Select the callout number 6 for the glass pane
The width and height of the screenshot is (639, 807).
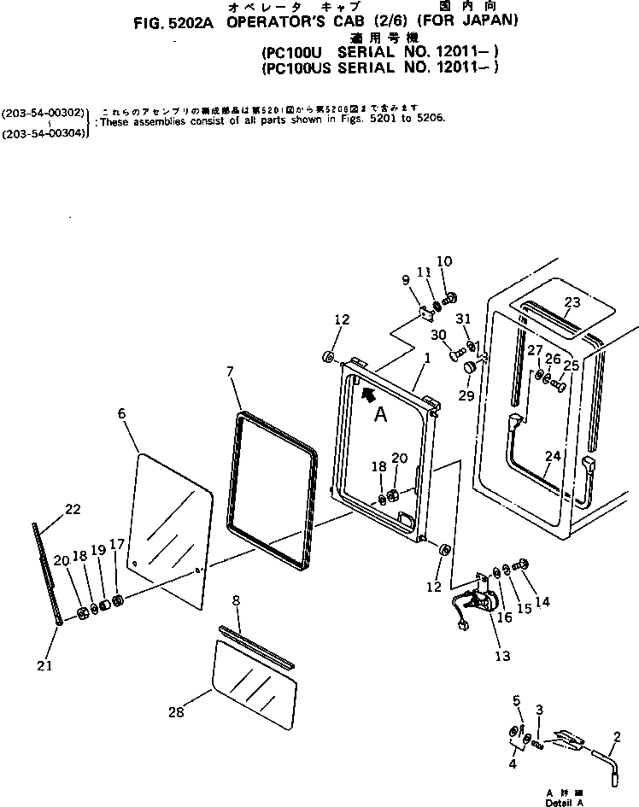coord(121,413)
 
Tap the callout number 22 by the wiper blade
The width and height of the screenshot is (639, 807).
coord(73,510)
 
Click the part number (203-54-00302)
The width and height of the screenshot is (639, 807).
coord(44,112)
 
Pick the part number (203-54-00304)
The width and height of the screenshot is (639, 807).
coord(44,133)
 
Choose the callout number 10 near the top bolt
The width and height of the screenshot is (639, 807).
coord(444,260)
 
